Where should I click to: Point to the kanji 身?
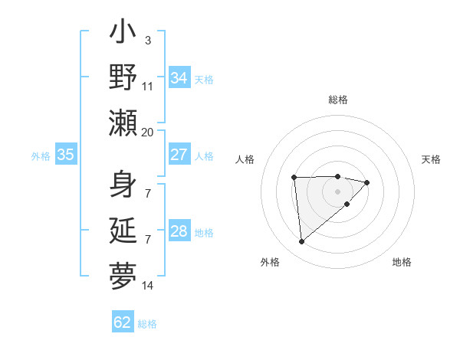123,185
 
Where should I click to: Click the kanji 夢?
123,274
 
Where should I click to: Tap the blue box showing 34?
179,77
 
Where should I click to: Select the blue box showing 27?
179,155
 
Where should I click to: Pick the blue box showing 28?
179,231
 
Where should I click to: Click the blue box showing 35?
65,155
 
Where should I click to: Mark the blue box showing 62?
123,322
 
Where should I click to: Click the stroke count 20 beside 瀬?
147,132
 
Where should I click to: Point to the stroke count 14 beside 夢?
147,286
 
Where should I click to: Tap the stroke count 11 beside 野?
147,86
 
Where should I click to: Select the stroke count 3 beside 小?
147,40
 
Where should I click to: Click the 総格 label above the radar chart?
337,100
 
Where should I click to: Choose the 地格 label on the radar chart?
402,262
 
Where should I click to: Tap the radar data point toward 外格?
302,242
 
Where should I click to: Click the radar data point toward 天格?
367,182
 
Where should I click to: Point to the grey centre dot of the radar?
337,191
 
